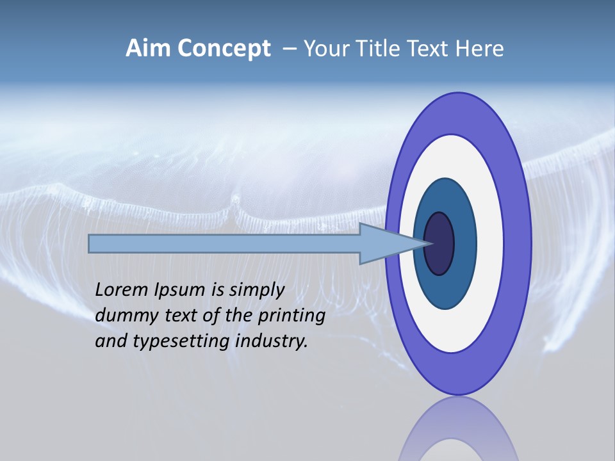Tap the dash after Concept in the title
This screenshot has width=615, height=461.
pos(289,49)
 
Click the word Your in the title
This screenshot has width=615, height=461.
pos(326,49)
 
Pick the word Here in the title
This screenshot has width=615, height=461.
pos(479,49)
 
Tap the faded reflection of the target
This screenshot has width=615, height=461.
pos(458,432)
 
